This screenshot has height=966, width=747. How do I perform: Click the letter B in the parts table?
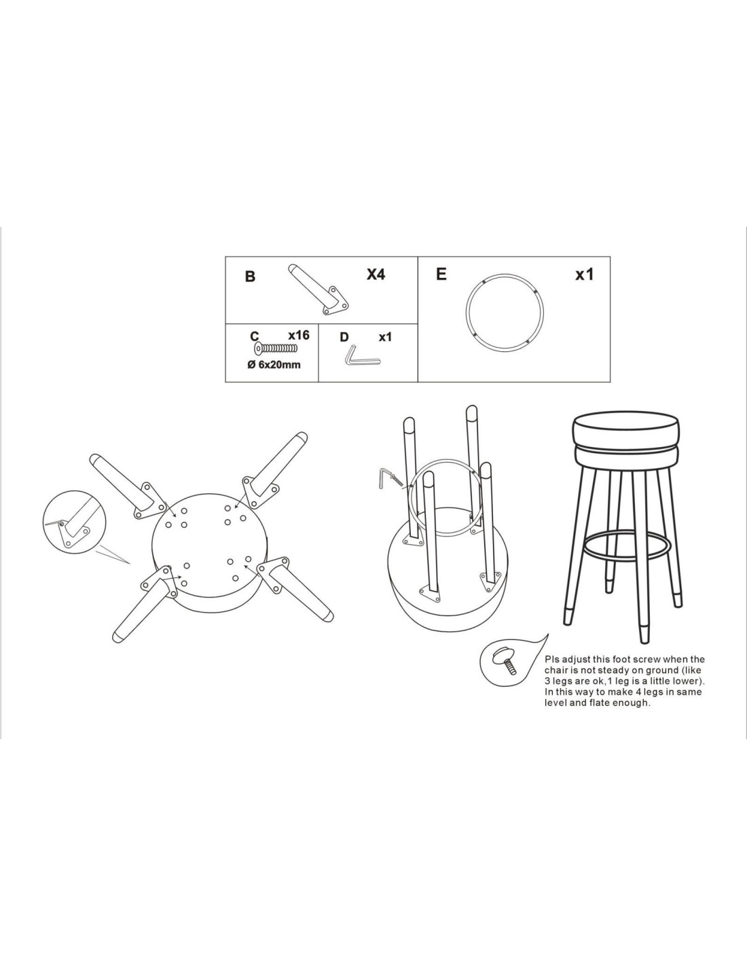(250, 276)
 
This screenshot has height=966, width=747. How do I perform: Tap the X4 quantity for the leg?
(376, 274)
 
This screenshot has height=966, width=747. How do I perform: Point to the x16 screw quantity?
(299, 335)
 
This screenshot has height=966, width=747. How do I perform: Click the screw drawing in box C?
(276, 348)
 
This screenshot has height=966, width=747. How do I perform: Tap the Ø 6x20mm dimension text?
(274, 365)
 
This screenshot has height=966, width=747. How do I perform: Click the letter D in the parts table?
(344, 337)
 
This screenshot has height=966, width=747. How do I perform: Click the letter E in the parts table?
(441, 274)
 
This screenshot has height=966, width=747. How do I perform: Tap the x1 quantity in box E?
(584, 274)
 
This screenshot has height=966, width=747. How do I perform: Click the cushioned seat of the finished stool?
(625, 443)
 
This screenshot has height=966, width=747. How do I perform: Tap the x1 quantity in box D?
(385, 337)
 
